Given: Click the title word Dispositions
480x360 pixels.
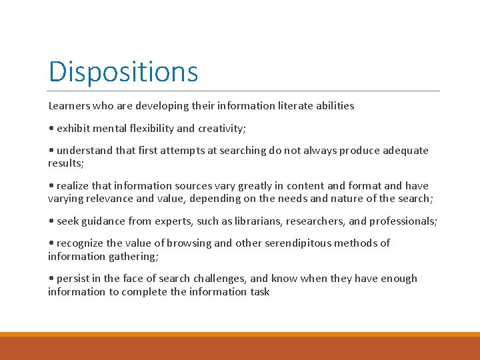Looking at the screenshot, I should tap(123, 71).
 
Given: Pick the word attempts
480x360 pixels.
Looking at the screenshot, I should tap(185, 150).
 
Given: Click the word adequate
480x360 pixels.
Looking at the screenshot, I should tap(403, 150).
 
